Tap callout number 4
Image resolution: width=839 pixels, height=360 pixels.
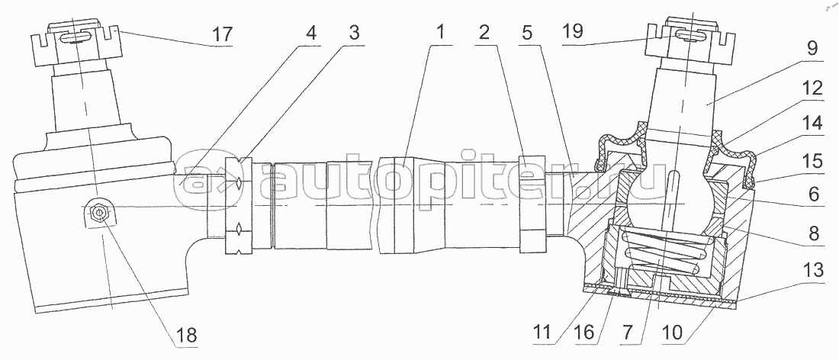point(311,34)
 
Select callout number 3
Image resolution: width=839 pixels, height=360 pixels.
point(353,34)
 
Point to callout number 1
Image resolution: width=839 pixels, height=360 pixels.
point(440,34)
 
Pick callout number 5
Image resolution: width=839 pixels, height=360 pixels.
point(527,34)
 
